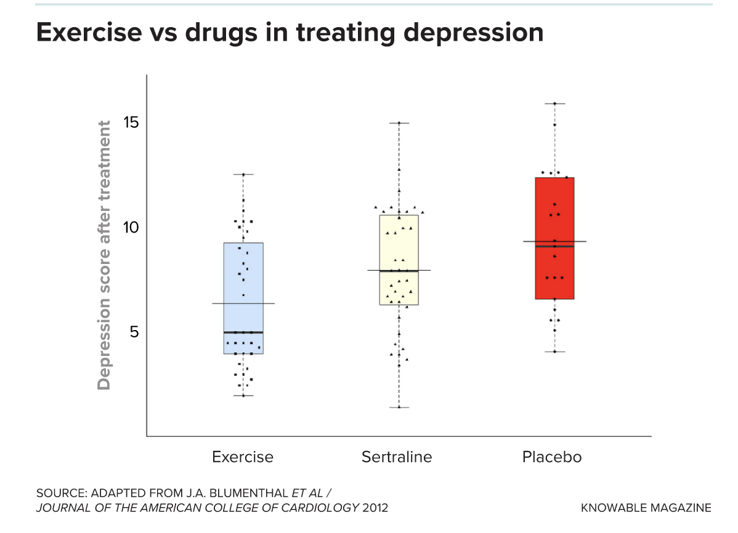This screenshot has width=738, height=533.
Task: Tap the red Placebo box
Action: coord(554,271)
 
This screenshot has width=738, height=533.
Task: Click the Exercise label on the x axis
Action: coord(242,457)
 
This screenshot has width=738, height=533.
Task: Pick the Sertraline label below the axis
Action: coord(397,457)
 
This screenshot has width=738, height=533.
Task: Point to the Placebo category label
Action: coord(552,457)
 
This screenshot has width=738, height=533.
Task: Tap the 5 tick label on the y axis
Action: coord(134,332)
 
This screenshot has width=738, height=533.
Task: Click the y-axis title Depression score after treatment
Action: coord(105,255)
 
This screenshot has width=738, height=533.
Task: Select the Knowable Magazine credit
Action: coord(646,508)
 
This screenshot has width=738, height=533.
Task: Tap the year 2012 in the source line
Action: coord(375,508)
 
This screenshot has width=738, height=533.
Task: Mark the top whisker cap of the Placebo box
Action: coord(554,104)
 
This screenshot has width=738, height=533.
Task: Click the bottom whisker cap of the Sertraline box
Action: coord(399,407)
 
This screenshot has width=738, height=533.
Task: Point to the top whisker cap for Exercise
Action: coord(243,175)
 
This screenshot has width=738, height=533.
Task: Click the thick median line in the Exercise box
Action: coord(243,333)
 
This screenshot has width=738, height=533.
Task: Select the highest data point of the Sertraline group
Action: coord(399,123)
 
